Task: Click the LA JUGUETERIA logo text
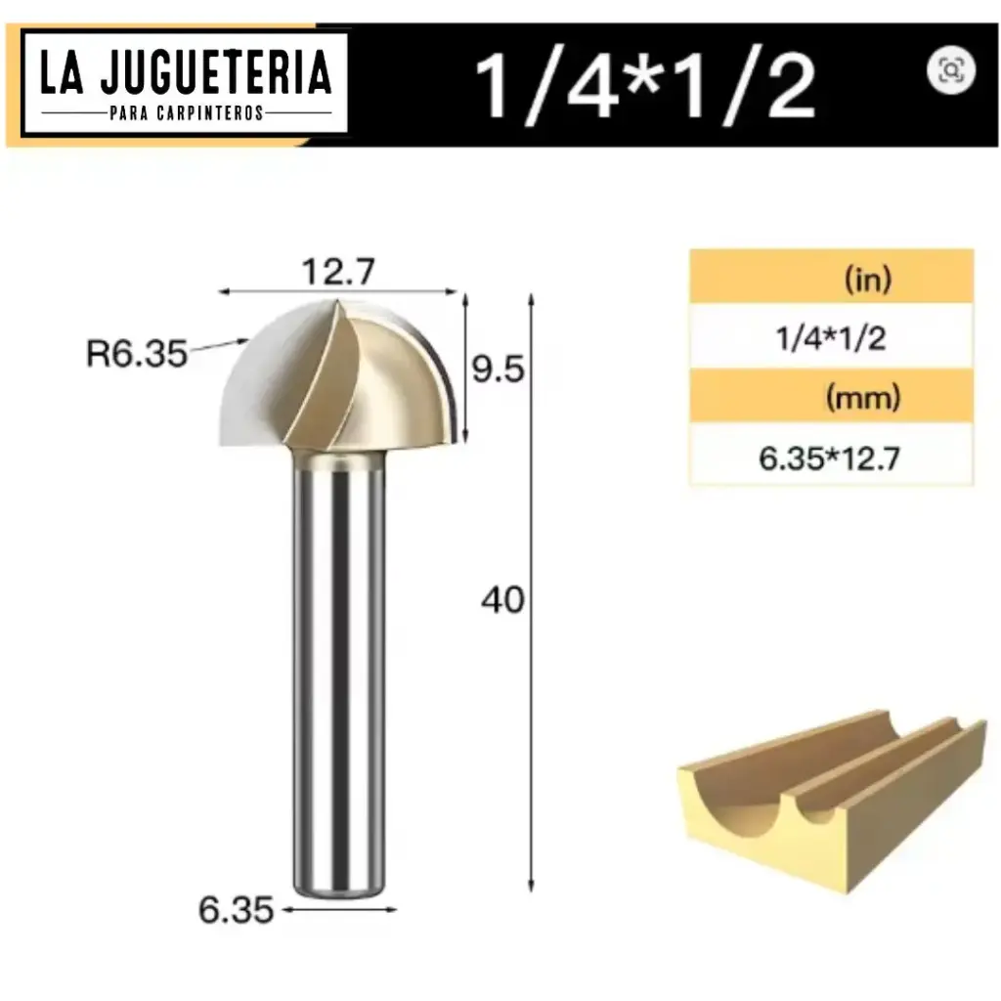(x=185, y=75)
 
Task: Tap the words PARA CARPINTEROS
(x=186, y=113)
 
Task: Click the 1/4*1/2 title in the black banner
(x=645, y=87)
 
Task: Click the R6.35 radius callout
(x=136, y=353)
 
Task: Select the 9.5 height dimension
(x=500, y=370)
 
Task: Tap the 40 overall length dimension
(x=502, y=600)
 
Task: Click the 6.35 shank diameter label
(x=236, y=910)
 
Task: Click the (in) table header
(x=867, y=281)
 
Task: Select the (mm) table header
(x=863, y=398)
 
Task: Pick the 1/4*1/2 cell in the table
(x=831, y=339)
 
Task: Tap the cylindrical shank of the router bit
(x=338, y=665)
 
